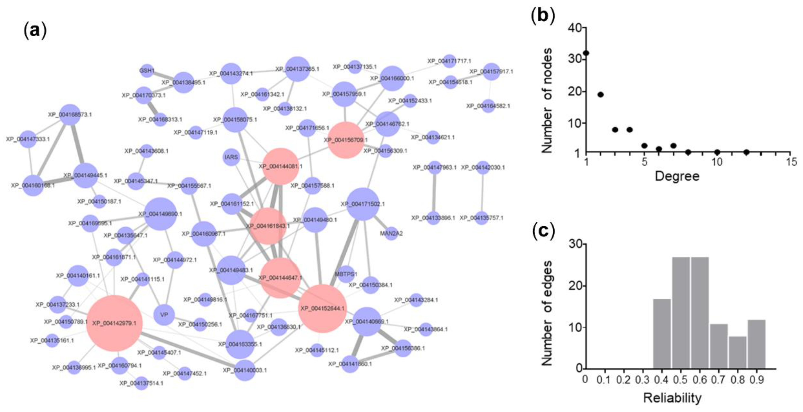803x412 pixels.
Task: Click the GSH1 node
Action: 147,71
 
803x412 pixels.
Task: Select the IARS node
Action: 231,157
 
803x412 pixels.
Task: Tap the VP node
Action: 164,315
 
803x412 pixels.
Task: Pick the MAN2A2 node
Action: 391,233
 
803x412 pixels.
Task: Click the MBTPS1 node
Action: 346,274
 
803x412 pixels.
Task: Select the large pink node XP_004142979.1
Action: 114,323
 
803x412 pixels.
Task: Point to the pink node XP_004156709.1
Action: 346,140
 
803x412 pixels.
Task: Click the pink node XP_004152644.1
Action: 323,308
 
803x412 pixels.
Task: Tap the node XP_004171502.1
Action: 363,204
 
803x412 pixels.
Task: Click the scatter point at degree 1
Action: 586,53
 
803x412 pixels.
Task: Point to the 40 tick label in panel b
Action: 574,28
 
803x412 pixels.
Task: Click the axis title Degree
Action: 677,176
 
